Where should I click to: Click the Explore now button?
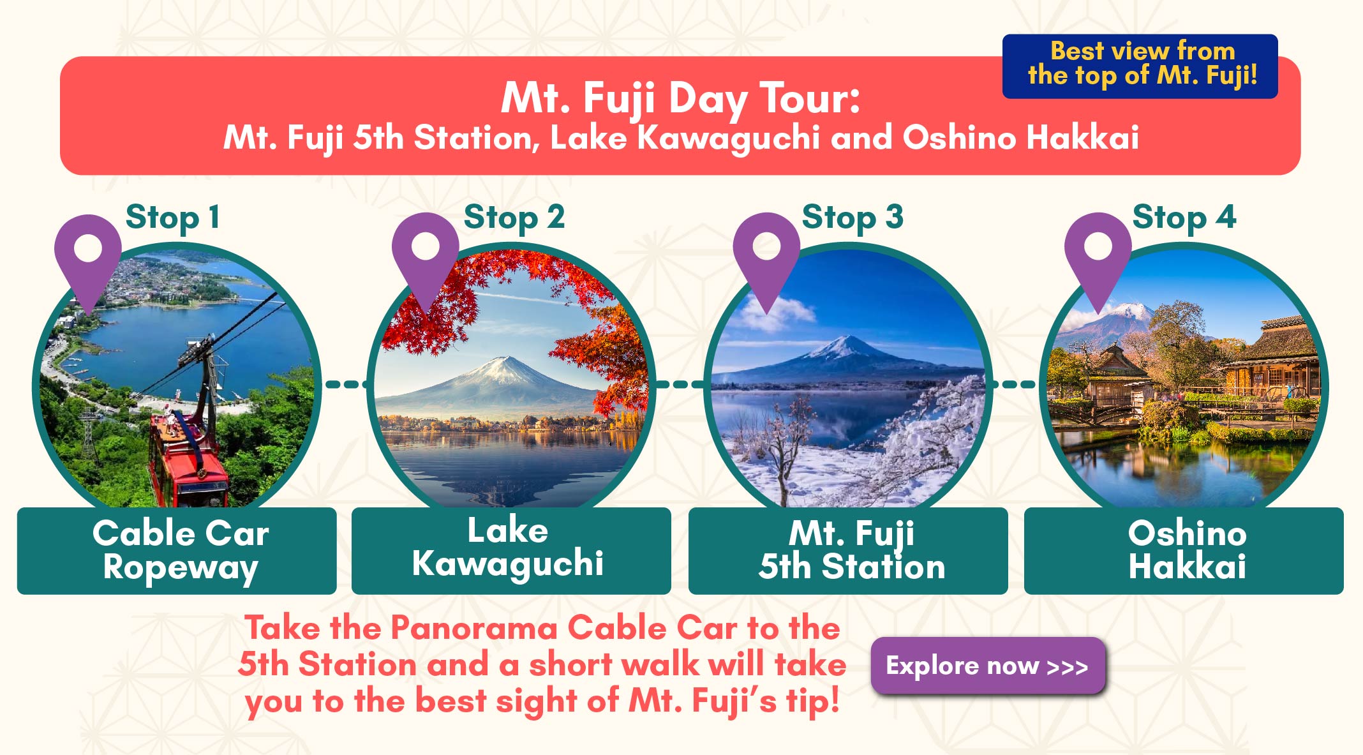pos(988,666)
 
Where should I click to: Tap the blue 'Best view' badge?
pos(1140,66)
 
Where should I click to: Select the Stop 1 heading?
pos(173,218)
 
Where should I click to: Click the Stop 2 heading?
pos(514,218)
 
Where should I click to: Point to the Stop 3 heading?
pos(853,218)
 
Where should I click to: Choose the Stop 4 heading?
pos(1184,218)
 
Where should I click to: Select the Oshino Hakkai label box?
pos(1184,551)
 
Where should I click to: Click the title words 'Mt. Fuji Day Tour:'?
pos(680,99)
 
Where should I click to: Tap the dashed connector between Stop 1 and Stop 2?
pos(346,384)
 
